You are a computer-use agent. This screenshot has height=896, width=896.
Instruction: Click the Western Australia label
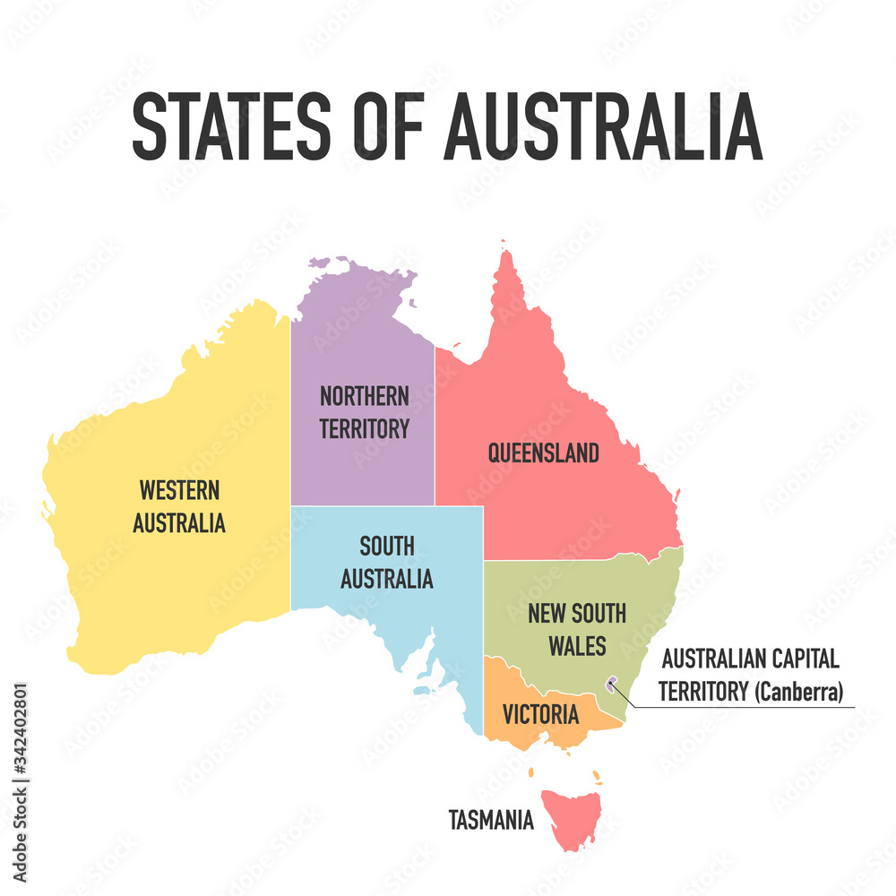tap(179, 506)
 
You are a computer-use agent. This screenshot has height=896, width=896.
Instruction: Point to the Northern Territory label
tap(364, 412)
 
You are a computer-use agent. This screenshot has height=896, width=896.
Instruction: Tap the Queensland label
tap(543, 453)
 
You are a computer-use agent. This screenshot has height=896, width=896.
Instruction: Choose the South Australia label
tap(386, 563)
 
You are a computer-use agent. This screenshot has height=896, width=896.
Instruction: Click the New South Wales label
tap(577, 629)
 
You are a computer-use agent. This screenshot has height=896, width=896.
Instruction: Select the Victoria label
tap(540, 715)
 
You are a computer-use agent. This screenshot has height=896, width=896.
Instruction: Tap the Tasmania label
tap(491, 819)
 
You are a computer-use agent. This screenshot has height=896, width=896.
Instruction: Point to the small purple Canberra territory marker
tap(612, 685)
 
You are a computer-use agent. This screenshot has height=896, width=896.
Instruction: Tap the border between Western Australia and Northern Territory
tap(290, 448)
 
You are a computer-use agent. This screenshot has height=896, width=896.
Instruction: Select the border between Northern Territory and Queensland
tap(435, 421)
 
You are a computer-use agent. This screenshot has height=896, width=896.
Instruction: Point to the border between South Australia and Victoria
tap(484, 699)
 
